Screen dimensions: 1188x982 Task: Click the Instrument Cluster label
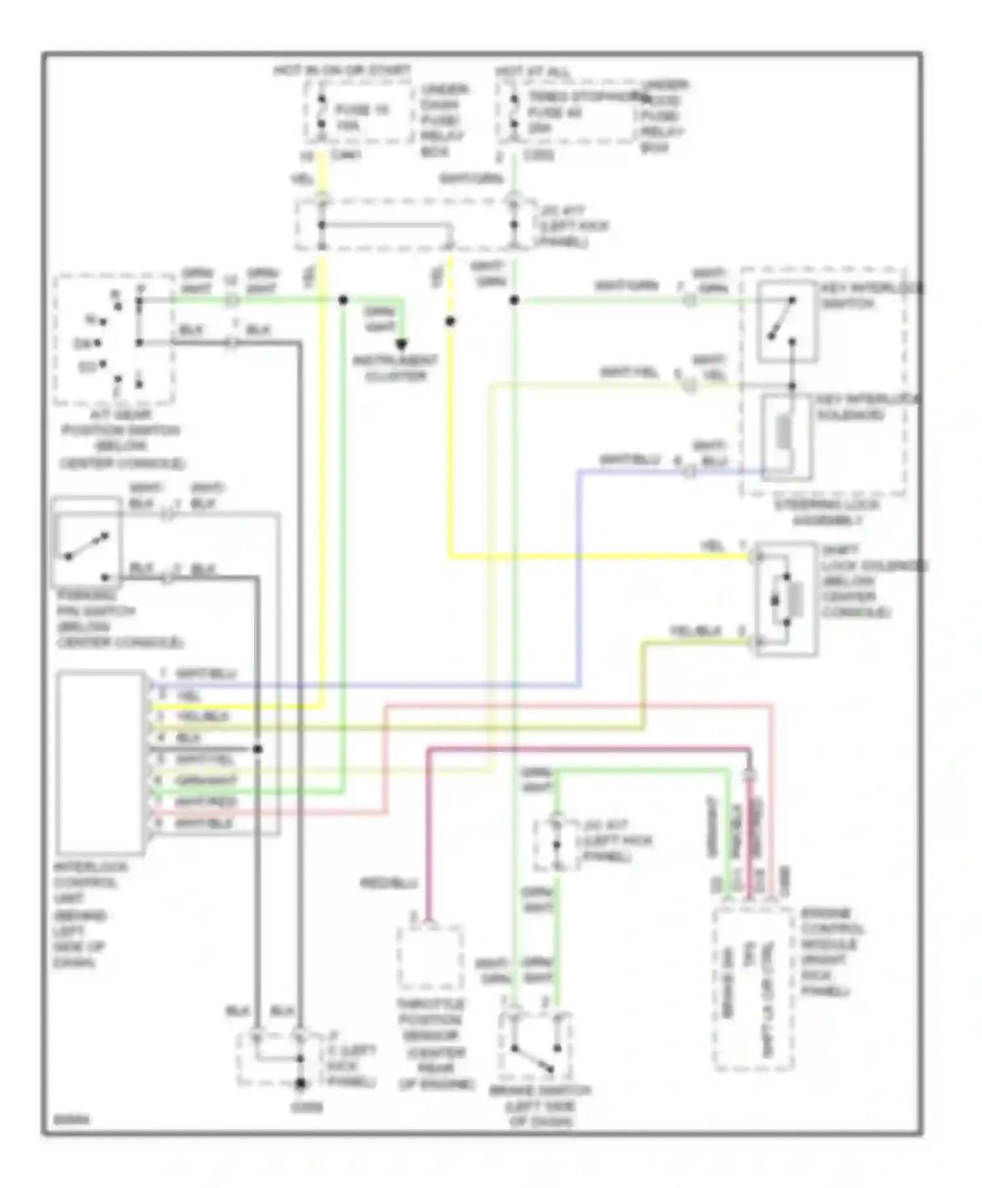pos(395,368)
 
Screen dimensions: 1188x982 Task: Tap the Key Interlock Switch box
pos(787,322)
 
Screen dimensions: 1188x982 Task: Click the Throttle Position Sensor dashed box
pos(431,957)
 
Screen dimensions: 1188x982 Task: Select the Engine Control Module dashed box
pos(752,988)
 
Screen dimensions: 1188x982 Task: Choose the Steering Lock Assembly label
pos(827,513)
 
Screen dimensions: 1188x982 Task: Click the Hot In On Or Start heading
pos(342,70)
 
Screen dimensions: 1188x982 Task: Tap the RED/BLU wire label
pos(389,883)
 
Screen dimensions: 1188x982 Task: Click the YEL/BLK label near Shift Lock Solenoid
pos(695,631)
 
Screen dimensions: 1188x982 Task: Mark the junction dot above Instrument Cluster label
pos(401,344)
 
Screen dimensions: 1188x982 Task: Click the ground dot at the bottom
pos(300,1102)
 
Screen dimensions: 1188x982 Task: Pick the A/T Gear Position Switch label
pos(120,439)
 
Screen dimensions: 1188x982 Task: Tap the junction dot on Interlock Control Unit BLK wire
pos(258,749)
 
